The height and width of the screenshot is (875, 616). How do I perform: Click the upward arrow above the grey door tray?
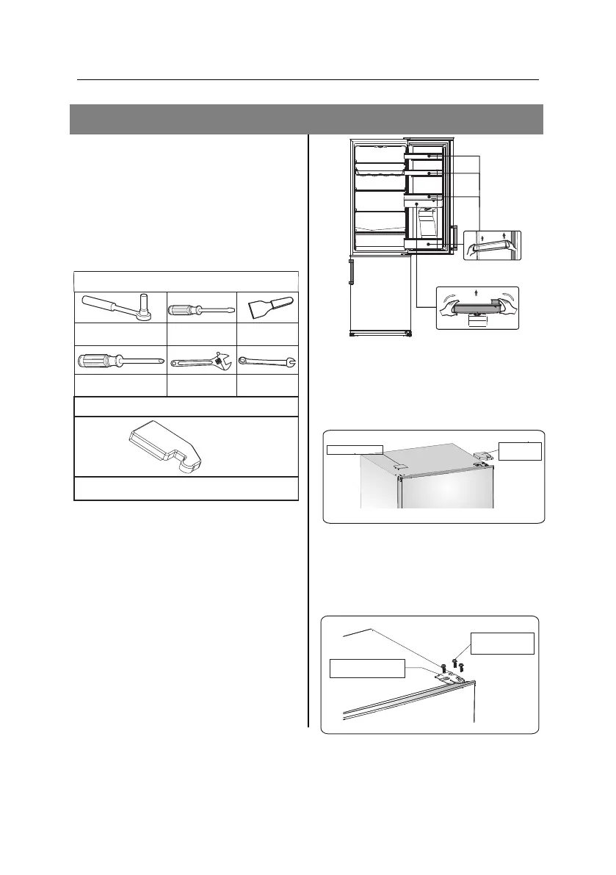pyautogui.click(x=477, y=292)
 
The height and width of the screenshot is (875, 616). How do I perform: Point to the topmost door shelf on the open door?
pyautogui.click(x=425, y=156)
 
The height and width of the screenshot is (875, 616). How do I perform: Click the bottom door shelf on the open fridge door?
pyautogui.click(x=424, y=242)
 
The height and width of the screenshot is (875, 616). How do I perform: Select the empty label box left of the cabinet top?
pyautogui.click(x=355, y=448)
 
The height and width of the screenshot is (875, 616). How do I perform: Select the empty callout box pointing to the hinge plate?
pyautogui.click(x=367, y=669)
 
